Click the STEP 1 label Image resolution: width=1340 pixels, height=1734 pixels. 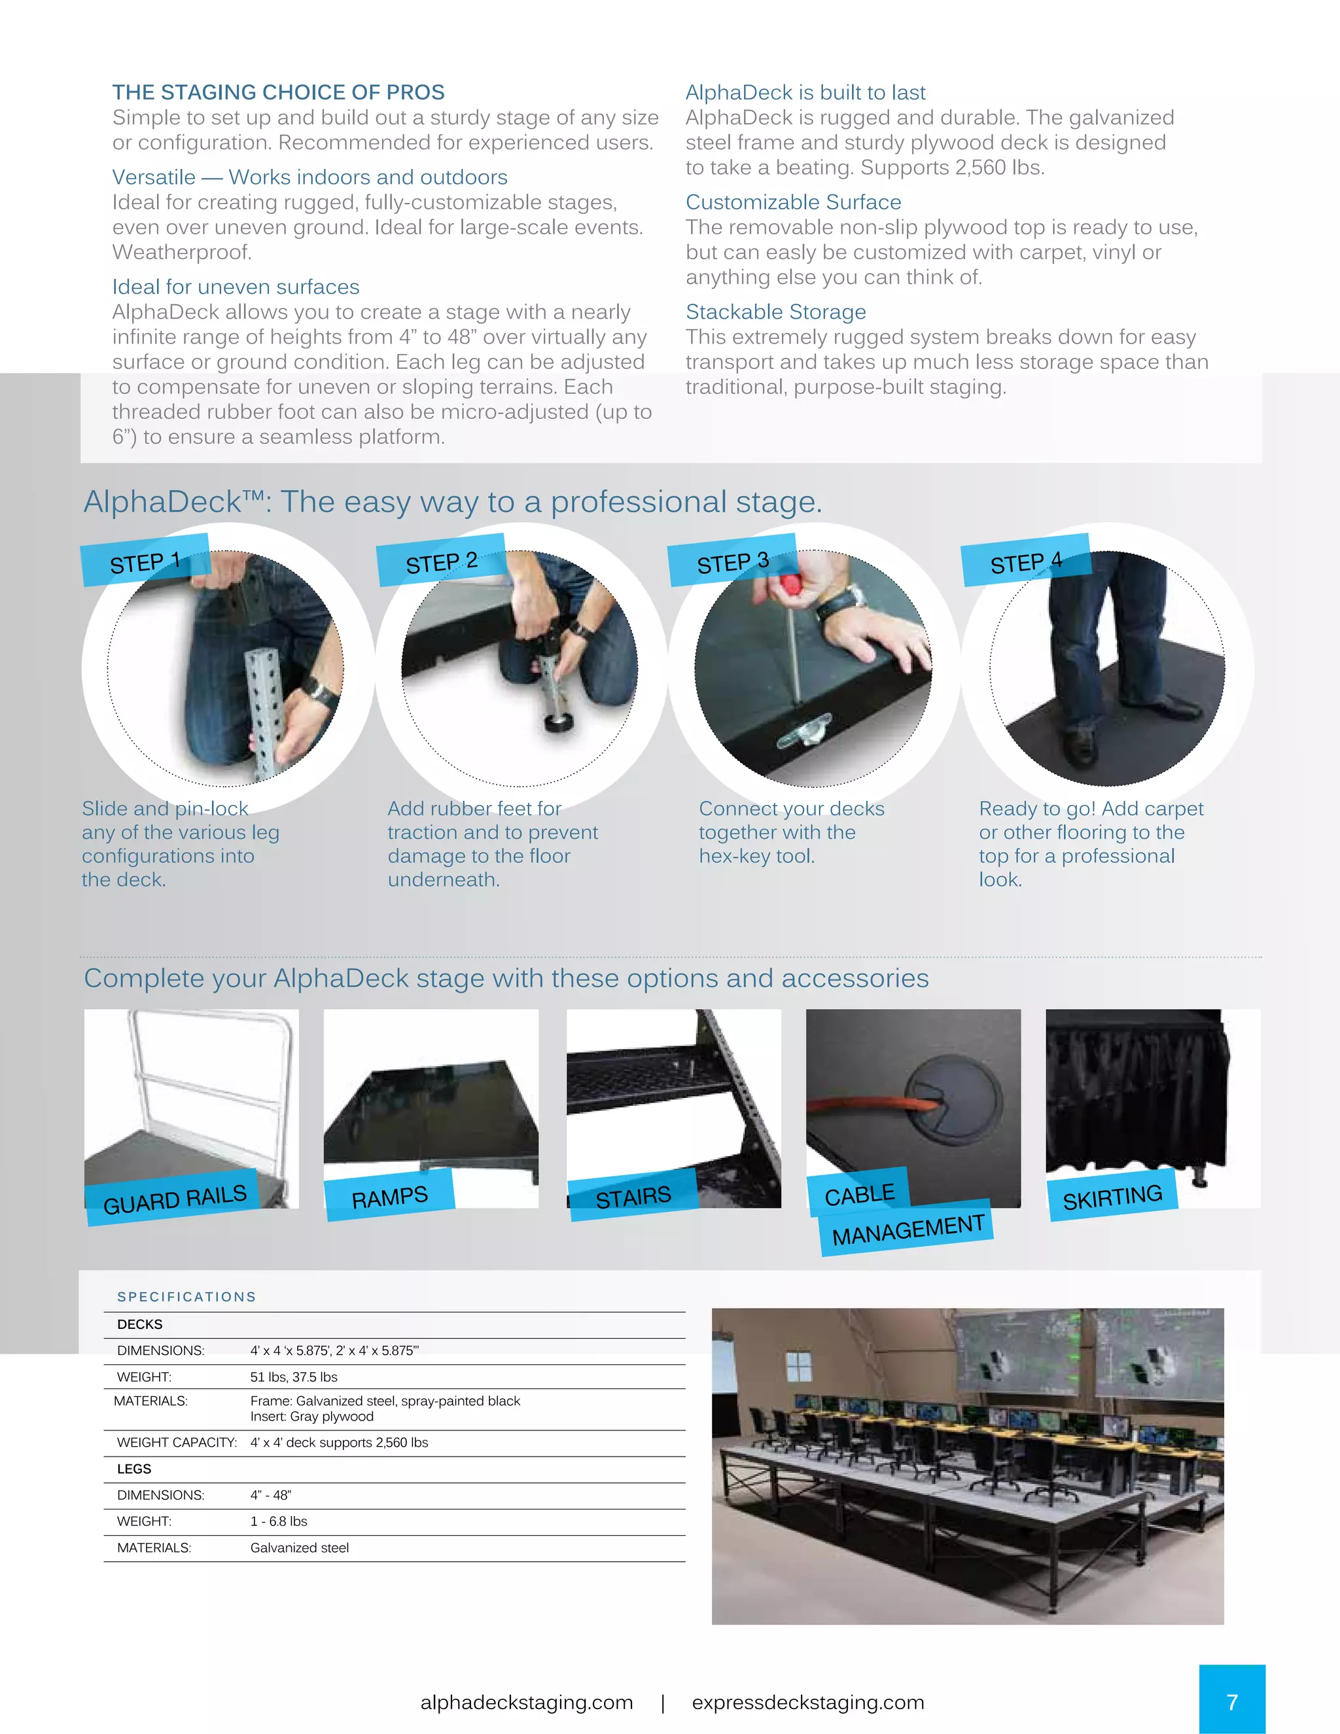pos(145,562)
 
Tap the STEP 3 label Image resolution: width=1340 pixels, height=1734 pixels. pos(732,562)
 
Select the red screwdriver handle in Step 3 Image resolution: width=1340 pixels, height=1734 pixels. pos(789,585)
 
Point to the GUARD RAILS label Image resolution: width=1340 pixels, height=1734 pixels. pos(175,1199)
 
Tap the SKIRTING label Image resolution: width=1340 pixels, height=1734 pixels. pos(1112,1197)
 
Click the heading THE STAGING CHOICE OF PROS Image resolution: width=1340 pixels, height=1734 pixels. pos(278,92)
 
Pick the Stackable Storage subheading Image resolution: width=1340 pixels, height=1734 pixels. pos(775,312)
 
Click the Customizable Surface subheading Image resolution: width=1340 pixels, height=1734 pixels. pos(793,202)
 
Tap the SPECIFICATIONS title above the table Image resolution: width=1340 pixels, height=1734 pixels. pos(186,1296)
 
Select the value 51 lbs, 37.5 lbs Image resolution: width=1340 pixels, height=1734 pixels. pos(294,1377)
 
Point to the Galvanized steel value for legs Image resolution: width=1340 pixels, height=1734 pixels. pos(299,1548)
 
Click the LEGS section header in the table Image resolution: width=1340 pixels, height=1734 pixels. pos(134,1469)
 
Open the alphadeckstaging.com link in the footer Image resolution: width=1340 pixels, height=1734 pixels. pos(526,1702)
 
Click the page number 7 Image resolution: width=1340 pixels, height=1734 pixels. pos(1232,1702)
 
